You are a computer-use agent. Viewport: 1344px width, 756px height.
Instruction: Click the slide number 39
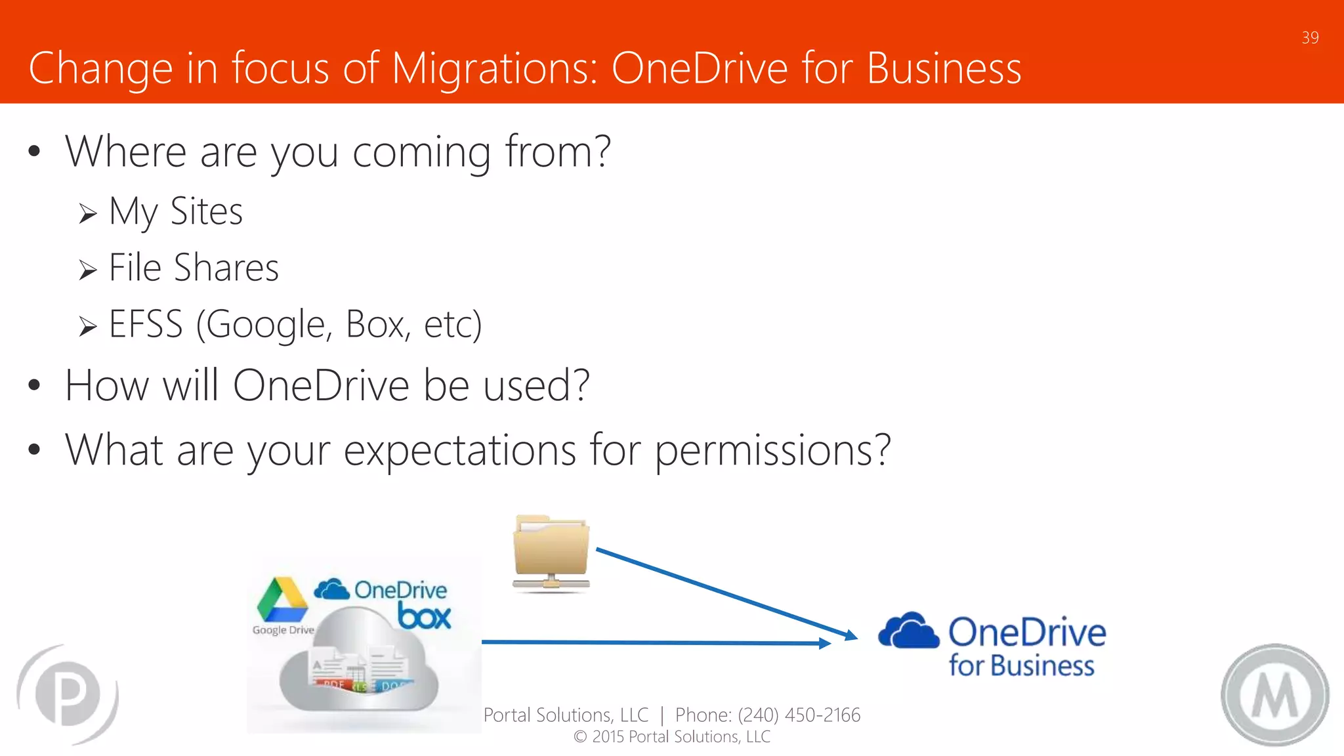(x=1310, y=38)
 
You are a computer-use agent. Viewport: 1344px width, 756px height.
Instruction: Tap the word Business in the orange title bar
(x=944, y=68)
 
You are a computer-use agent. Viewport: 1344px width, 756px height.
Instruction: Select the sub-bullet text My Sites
(x=176, y=212)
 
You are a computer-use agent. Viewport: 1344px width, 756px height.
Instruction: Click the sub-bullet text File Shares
(x=194, y=268)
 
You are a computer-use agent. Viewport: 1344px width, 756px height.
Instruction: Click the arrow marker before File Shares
(x=88, y=270)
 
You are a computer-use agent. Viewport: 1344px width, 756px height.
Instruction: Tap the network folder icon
(x=551, y=553)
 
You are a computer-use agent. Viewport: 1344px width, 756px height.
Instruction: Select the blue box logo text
(x=425, y=617)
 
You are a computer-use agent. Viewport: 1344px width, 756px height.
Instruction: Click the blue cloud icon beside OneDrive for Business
(x=908, y=631)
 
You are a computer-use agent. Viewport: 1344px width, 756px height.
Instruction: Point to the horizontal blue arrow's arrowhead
(x=824, y=643)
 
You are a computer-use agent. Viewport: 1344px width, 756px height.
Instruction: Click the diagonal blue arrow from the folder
(x=722, y=591)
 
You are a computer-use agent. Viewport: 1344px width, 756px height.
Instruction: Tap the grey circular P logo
(x=68, y=694)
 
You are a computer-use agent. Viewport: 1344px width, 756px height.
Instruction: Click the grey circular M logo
(x=1274, y=695)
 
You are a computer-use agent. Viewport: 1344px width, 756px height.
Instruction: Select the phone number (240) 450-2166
(x=799, y=715)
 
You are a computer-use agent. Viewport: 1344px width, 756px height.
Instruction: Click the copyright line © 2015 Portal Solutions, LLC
(x=672, y=737)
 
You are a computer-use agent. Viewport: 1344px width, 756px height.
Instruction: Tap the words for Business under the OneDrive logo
(x=1021, y=666)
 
